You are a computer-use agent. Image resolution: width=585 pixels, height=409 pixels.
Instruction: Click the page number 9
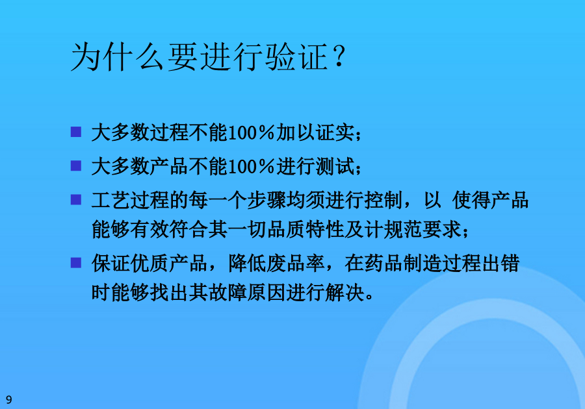click(x=9, y=399)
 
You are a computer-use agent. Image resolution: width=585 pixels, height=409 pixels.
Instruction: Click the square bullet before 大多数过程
click(x=76, y=132)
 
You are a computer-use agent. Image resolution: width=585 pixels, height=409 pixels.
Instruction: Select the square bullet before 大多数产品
click(x=76, y=166)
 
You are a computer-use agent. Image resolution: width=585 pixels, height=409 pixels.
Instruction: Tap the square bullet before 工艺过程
click(x=76, y=200)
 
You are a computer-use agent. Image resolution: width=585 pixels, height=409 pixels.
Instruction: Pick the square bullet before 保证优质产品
click(x=76, y=263)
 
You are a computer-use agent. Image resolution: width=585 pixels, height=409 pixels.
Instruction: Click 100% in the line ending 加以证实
click(x=251, y=132)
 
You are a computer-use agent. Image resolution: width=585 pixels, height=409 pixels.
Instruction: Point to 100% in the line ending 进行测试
click(x=251, y=166)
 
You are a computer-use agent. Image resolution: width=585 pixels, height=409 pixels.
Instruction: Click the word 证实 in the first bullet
click(x=335, y=132)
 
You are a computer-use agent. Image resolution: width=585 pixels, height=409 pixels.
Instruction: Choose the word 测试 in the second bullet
click(x=335, y=166)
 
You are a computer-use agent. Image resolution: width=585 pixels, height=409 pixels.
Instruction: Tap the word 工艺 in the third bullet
click(x=110, y=200)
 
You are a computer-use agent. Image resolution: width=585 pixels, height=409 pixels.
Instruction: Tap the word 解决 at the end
click(x=344, y=292)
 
